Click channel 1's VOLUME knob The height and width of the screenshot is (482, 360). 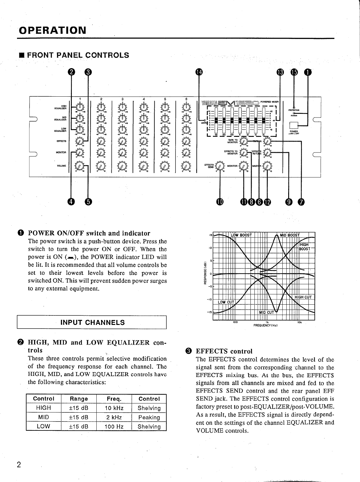79,166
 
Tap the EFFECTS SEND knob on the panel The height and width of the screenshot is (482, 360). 220,166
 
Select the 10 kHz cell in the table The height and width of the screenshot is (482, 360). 114,408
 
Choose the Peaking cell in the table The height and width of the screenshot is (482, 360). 149,417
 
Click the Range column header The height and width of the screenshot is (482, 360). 79,399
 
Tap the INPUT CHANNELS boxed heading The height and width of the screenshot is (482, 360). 93,322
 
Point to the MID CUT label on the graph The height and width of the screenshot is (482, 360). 266,312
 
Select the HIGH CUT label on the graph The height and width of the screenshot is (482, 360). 303,297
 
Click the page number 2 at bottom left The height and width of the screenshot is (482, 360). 19,465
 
